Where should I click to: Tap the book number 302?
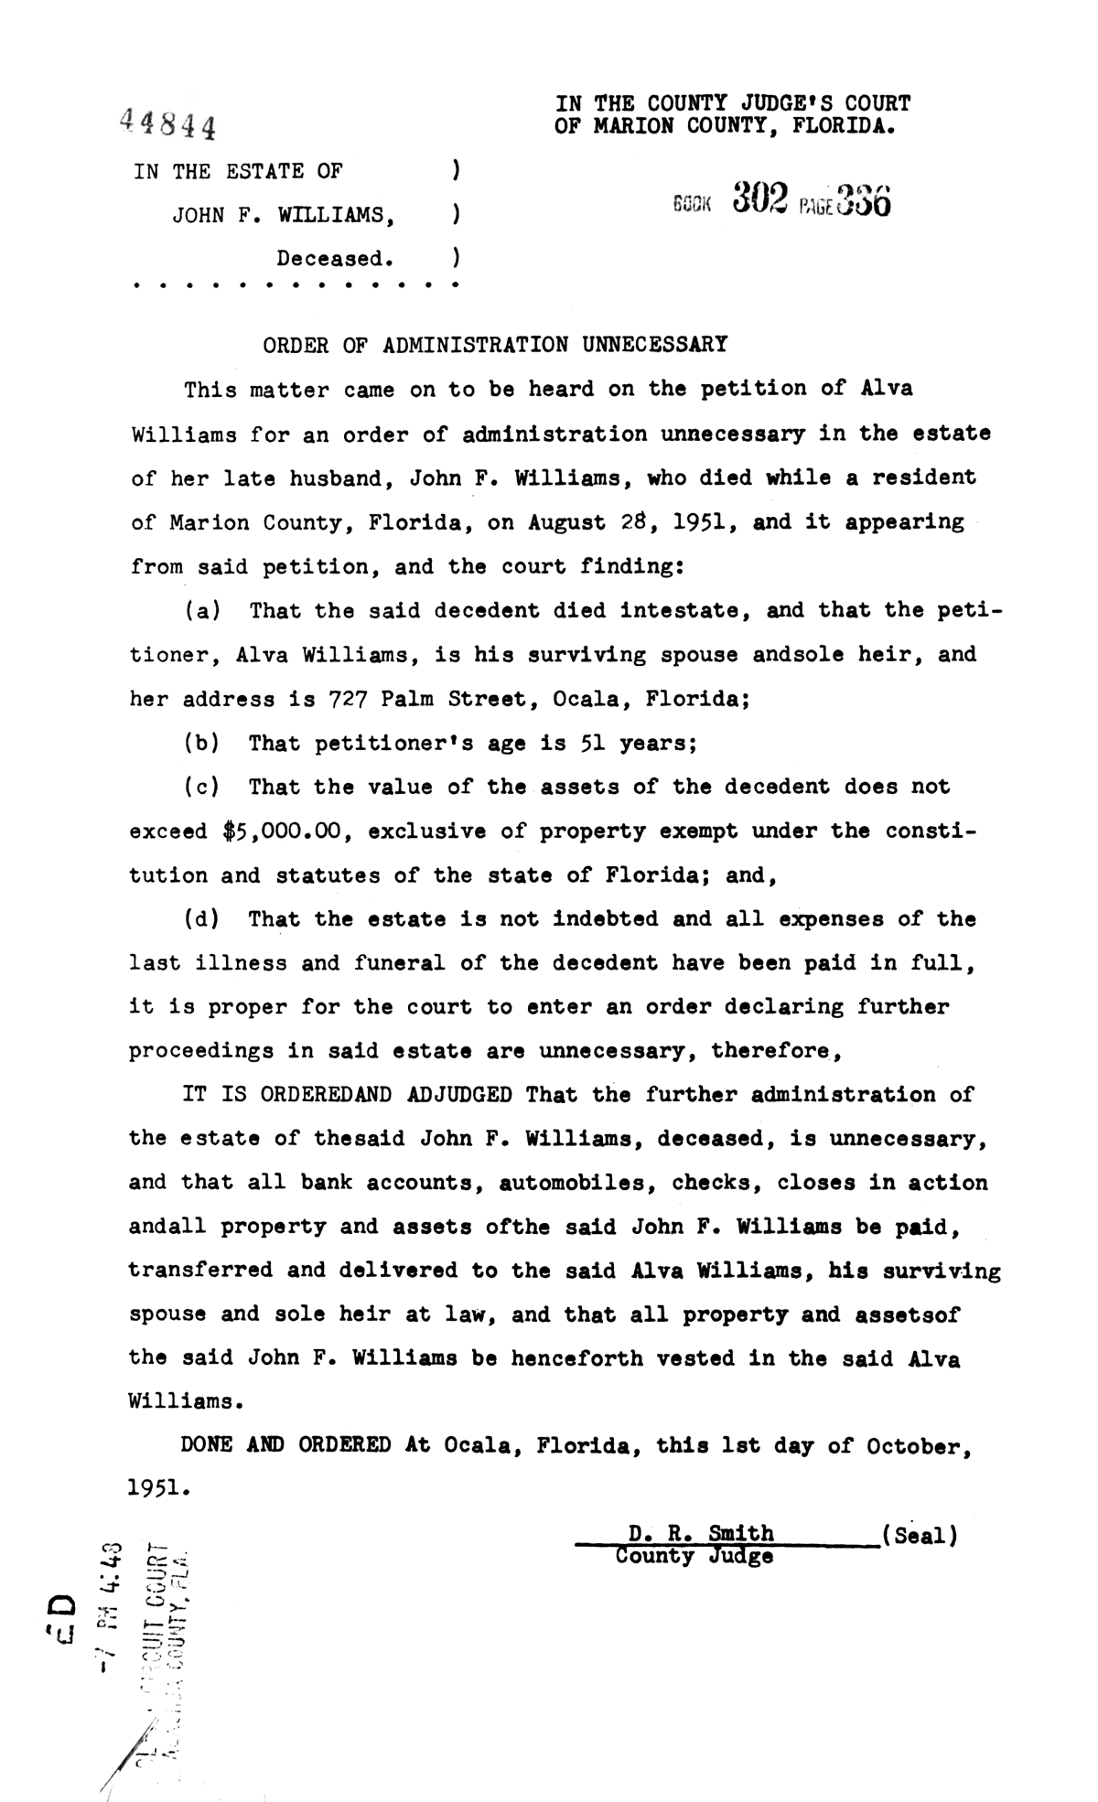point(760,198)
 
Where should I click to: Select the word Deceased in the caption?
point(335,259)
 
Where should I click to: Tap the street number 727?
point(348,700)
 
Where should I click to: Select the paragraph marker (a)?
point(202,610)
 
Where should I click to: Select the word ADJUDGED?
point(458,1095)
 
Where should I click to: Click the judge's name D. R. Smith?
point(701,1533)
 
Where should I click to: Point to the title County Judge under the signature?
point(694,1556)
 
